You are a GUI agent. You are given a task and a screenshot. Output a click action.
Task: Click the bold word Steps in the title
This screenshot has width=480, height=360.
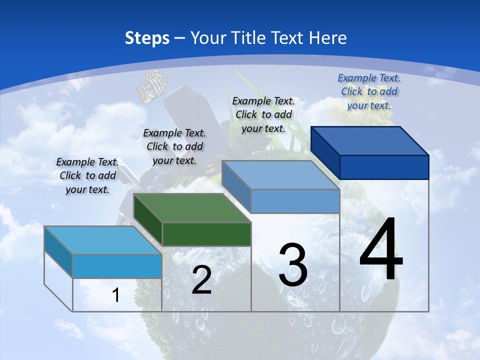click(147, 38)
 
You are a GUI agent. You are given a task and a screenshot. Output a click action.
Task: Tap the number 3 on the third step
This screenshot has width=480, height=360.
click(293, 265)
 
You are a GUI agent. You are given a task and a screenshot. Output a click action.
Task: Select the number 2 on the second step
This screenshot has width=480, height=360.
click(201, 280)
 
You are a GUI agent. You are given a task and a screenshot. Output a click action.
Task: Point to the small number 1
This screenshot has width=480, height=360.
click(115, 295)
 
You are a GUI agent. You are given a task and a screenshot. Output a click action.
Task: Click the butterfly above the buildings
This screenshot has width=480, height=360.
click(151, 86)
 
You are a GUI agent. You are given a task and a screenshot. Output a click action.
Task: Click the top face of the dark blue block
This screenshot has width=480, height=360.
click(370, 140)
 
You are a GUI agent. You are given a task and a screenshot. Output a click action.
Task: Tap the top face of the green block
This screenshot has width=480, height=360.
click(192, 208)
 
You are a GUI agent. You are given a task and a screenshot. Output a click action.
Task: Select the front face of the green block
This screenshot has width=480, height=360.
click(206, 234)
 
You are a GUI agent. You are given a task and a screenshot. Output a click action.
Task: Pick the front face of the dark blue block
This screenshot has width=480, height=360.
click(384, 167)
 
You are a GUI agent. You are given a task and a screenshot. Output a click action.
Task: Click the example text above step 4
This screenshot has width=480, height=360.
click(369, 91)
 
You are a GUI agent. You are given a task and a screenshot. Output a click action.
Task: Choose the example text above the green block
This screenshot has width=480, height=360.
click(174, 146)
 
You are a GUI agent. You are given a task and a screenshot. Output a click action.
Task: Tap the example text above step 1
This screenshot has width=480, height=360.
click(87, 175)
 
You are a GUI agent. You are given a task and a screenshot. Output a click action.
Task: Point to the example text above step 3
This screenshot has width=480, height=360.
click(263, 114)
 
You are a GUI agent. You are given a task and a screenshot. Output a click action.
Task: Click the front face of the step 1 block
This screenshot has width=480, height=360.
click(117, 266)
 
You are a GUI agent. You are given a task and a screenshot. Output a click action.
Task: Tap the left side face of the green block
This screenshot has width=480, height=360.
click(148, 220)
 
